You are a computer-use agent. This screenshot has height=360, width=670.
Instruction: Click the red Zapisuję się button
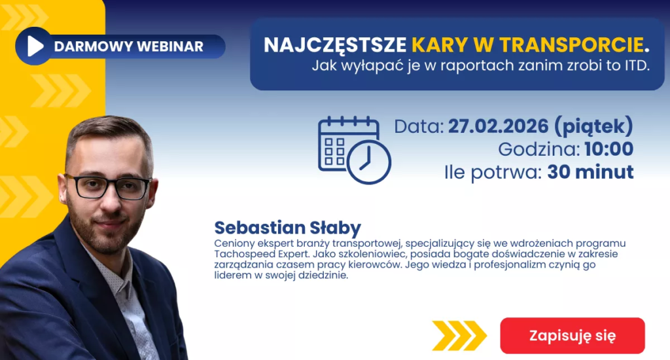(x=573, y=336)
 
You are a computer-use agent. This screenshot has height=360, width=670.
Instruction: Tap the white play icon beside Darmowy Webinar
(x=35, y=46)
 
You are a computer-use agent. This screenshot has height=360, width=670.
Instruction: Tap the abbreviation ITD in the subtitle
(x=629, y=65)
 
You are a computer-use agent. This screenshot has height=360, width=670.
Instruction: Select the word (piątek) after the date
(x=593, y=126)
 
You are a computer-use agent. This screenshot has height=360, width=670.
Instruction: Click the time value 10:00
(x=608, y=149)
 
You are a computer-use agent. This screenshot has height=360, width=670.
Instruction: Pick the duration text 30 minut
(x=590, y=172)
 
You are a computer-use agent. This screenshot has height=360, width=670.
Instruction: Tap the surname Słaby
(x=337, y=228)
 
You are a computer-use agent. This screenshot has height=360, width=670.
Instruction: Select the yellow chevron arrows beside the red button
(x=459, y=336)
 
